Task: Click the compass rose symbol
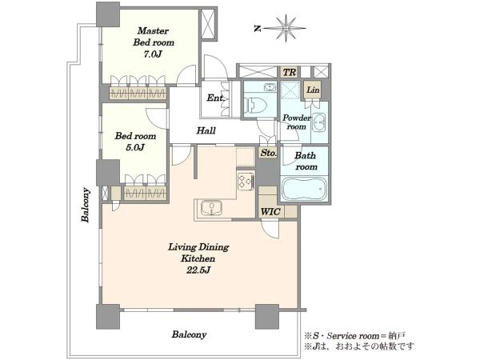286,28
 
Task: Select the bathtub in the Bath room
304,189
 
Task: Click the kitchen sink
211,209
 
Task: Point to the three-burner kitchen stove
246,182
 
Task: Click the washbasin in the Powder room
319,122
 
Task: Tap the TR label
290,73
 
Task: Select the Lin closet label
313,90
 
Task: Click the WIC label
270,211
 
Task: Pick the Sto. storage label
269,153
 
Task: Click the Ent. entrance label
216,98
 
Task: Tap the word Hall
206,130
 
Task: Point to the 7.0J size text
153,54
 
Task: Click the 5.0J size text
135,147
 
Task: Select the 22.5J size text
198,270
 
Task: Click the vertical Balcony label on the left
86,205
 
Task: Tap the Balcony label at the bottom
189,334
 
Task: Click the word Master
153,30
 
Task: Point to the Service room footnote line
354,336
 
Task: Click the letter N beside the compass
258,29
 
